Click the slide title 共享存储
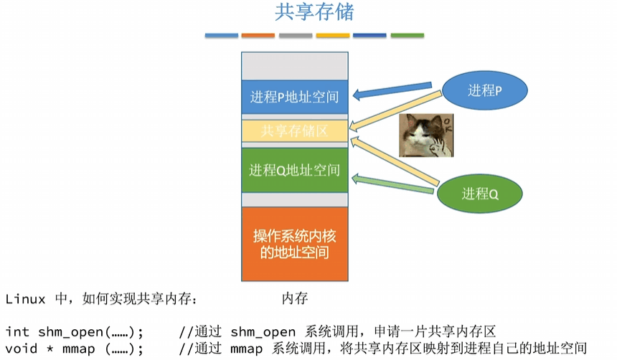tap(314, 12)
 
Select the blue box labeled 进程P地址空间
tap(294, 96)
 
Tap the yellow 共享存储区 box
tap(294, 131)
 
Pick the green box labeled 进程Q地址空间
tap(294, 170)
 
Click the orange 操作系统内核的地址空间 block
tap(294, 244)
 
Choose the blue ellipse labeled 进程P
tap(484, 90)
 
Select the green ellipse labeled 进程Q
tap(480, 193)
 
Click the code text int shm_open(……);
tap(75, 331)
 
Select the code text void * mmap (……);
tap(75, 349)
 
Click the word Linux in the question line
tap(25, 298)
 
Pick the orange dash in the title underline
tap(258, 35)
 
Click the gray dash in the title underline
tap(296, 35)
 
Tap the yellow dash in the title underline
tap(333, 35)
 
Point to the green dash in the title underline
tap(407, 35)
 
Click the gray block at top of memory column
tap(294, 67)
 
